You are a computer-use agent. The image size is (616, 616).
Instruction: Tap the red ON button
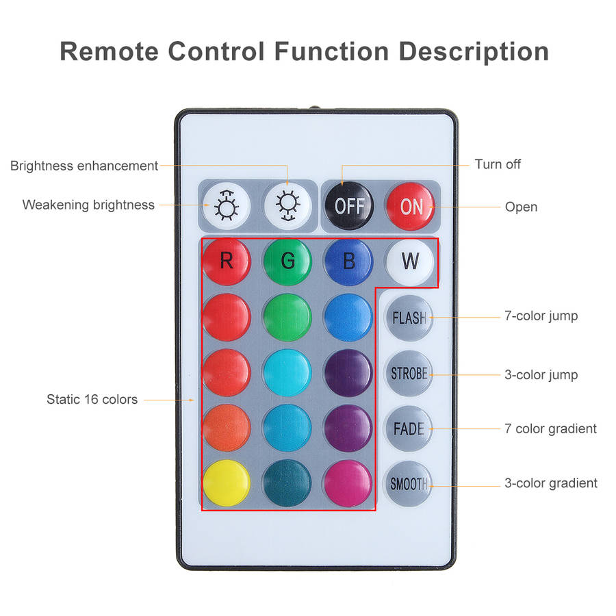point(410,206)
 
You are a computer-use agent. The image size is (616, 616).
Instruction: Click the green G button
point(287,261)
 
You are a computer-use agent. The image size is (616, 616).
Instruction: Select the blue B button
point(348,261)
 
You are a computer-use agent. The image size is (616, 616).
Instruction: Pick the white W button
point(410,261)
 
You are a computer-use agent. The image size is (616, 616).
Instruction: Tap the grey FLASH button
point(409,318)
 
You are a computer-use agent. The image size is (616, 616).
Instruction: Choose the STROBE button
point(409,373)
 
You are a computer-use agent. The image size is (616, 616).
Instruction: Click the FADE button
point(409,428)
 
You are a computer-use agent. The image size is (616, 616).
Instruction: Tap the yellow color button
point(227,483)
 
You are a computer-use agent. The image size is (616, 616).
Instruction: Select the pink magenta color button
point(348,483)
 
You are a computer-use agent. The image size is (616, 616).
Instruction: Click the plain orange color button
point(227,428)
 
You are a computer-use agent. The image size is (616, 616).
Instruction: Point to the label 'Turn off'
point(498,164)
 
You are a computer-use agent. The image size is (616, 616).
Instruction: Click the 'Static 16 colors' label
point(92,399)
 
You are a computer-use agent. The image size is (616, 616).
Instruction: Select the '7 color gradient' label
point(550,428)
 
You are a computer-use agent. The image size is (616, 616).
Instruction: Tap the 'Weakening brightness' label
point(88,205)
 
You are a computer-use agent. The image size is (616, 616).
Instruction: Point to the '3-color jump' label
point(541,375)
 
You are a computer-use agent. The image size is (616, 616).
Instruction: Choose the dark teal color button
point(287,483)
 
